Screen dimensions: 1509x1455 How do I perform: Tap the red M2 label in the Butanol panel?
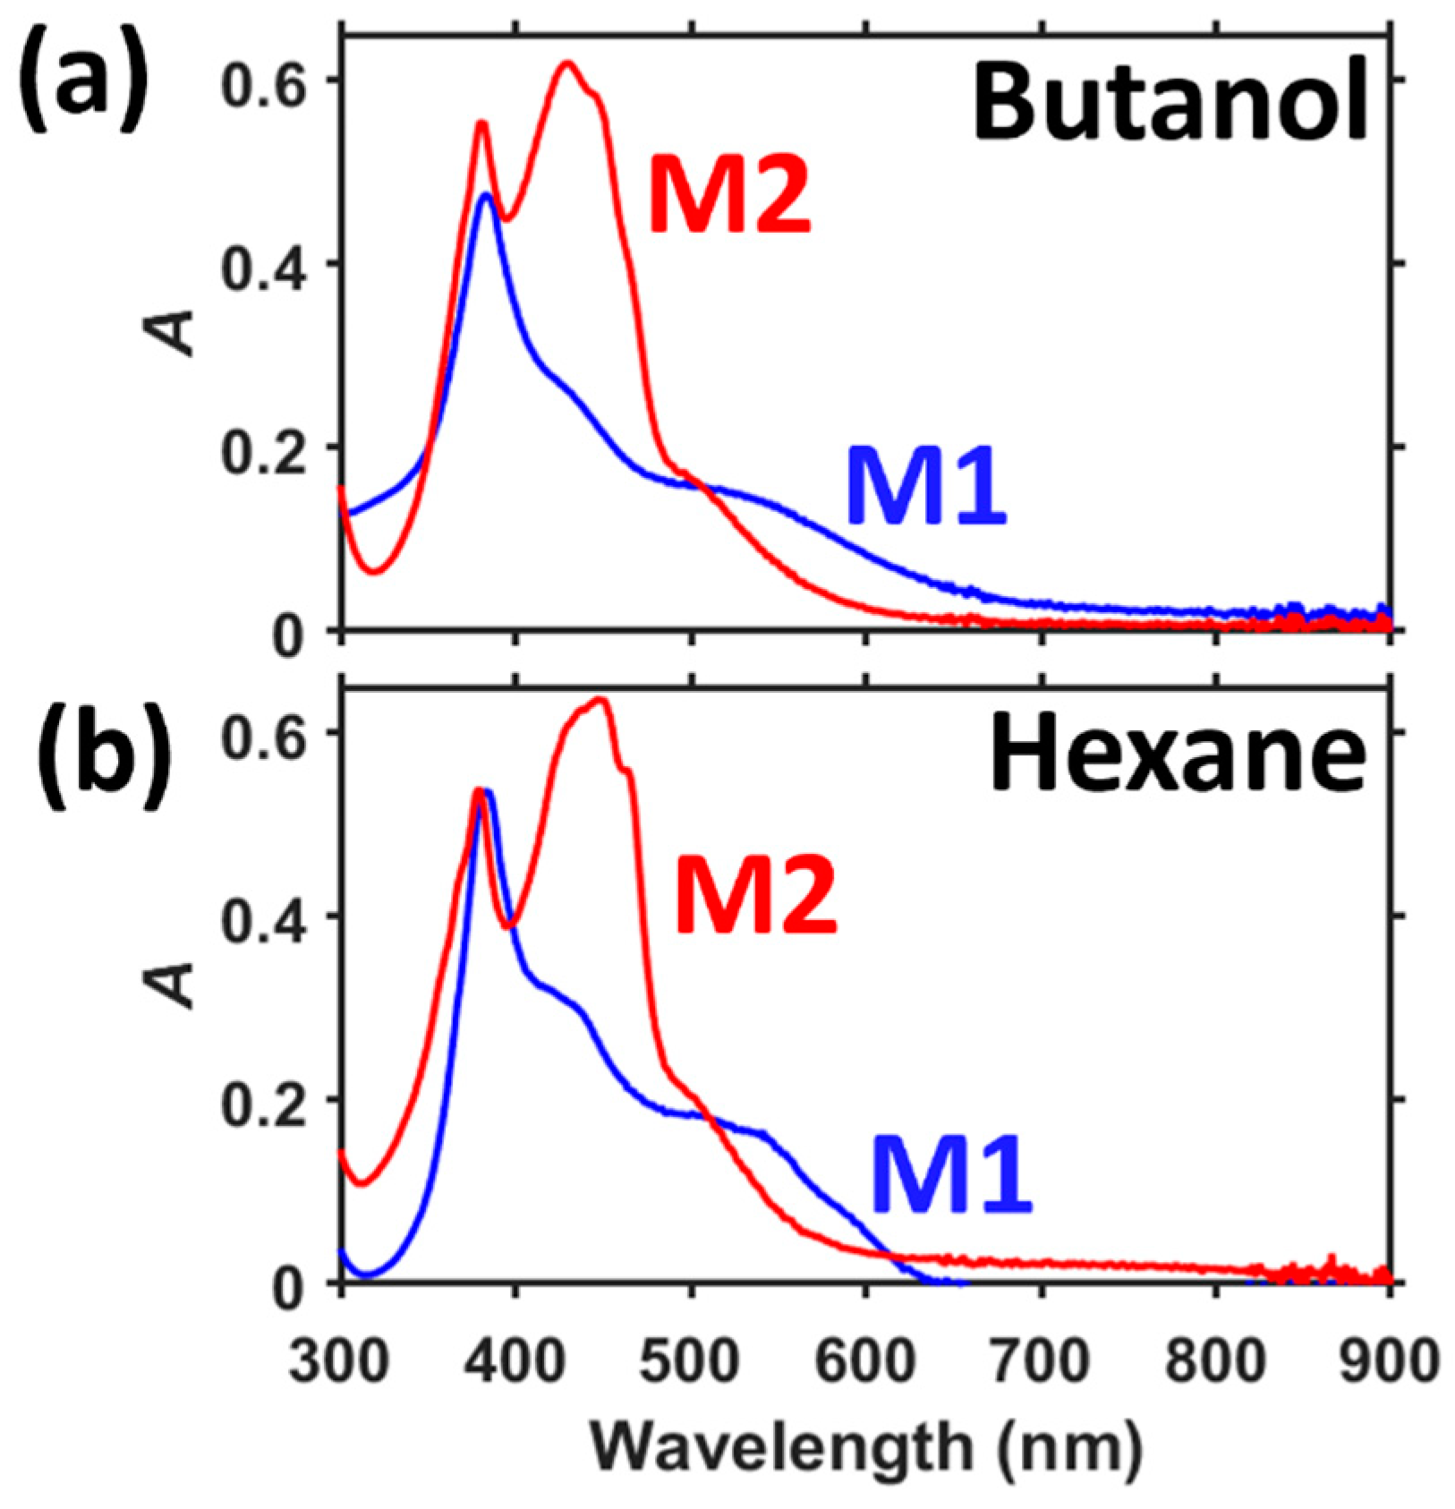click(x=729, y=195)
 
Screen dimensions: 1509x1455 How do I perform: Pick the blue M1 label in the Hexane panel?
click(x=952, y=1173)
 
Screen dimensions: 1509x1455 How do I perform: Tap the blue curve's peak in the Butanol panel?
click(x=486, y=194)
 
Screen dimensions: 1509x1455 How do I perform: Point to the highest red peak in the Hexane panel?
click(x=601, y=699)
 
